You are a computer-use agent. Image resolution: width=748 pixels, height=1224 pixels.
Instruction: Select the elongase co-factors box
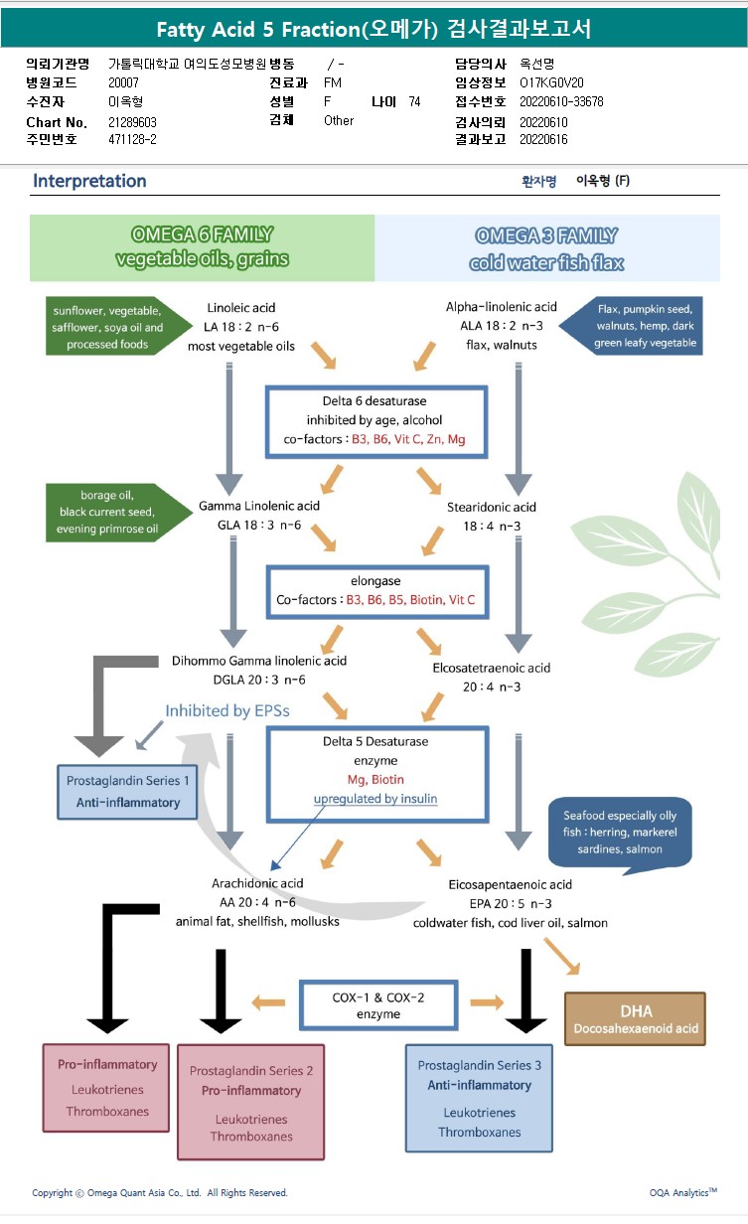[x=375, y=591]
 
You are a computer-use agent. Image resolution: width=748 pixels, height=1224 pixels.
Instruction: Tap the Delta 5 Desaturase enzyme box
[x=375, y=774]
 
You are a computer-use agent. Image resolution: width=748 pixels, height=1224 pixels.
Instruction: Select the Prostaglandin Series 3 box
[x=479, y=1098]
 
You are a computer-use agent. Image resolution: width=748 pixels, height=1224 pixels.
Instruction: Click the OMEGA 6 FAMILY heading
[x=202, y=247]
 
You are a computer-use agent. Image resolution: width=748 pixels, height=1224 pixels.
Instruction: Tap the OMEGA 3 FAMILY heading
[x=546, y=247]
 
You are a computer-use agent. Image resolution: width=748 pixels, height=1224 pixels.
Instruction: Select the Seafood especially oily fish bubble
[x=619, y=833]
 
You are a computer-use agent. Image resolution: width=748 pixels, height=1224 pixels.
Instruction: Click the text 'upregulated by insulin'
[x=375, y=799]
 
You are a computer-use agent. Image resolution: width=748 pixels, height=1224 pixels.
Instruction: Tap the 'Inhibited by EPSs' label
[x=227, y=710]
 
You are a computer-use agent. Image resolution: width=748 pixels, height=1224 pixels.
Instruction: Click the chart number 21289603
[x=132, y=121]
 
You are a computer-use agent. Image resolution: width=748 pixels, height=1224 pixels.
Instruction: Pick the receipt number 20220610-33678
[x=560, y=101]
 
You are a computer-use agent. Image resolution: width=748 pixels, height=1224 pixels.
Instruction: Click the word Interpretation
[x=89, y=181]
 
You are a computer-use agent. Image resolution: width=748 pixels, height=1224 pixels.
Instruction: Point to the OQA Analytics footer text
[x=682, y=1192]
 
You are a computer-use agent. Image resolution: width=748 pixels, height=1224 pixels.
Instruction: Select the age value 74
[x=414, y=101]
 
